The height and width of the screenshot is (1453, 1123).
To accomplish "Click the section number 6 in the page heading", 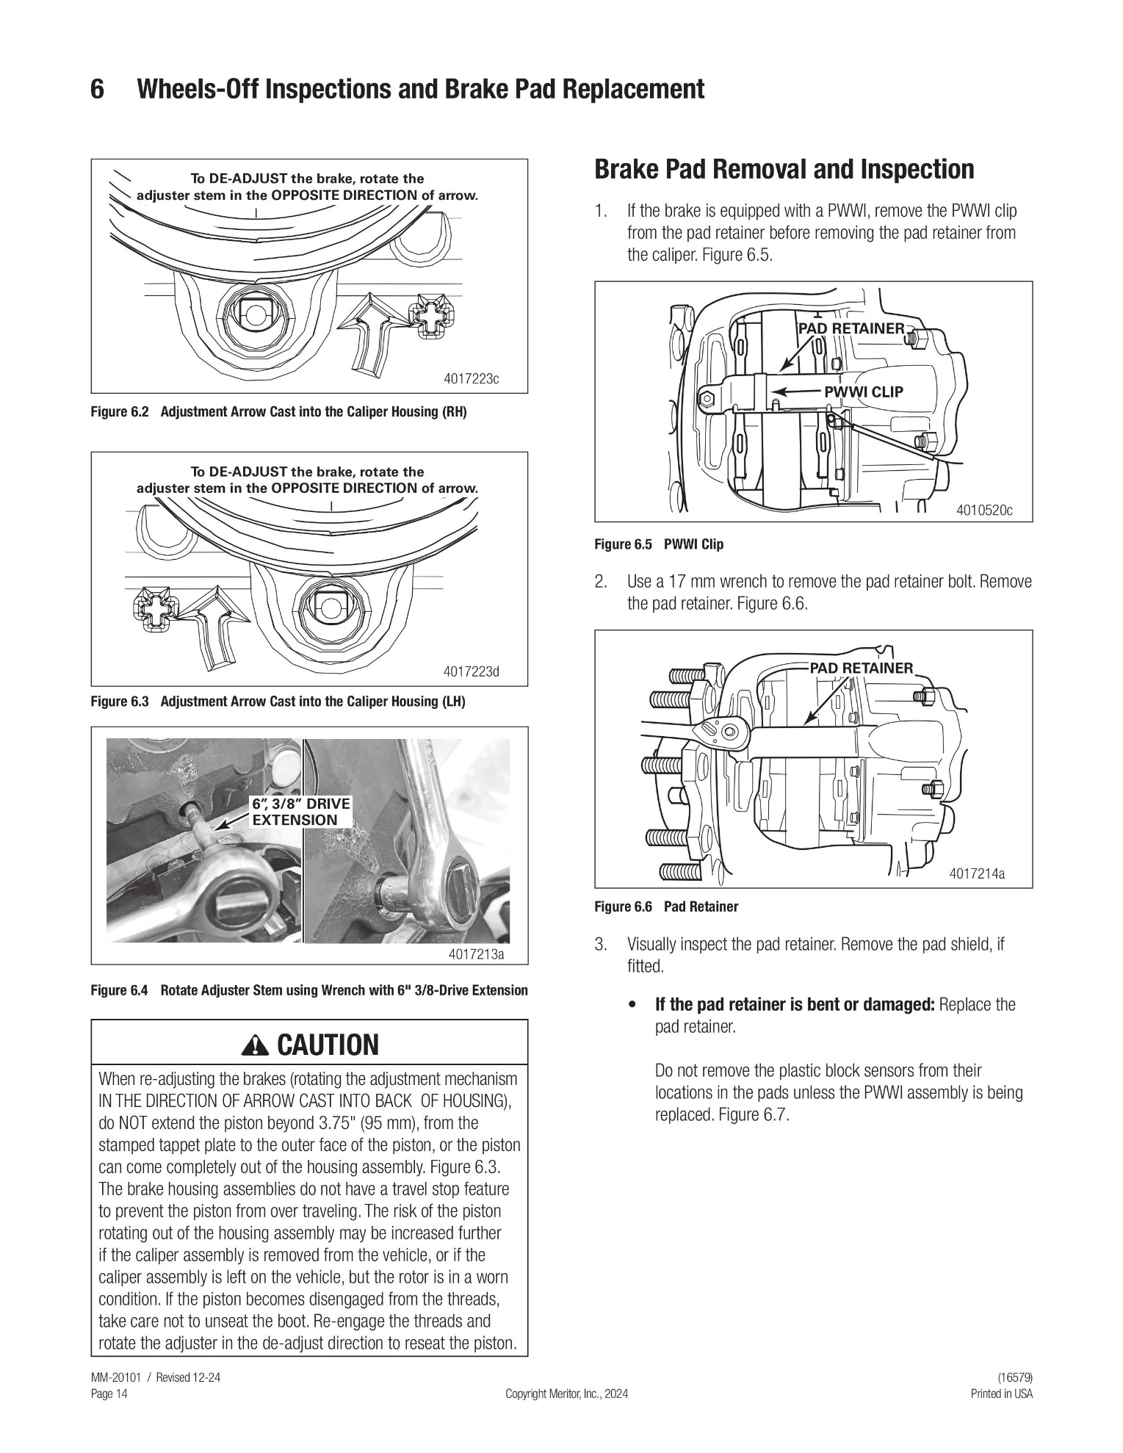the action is [x=97, y=90].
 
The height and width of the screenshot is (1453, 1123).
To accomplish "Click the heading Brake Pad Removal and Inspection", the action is [x=784, y=170].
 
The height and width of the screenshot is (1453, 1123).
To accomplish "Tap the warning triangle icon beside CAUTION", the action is [x=259, y=1044].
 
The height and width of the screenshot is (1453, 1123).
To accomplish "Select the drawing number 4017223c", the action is [x=472, y=379].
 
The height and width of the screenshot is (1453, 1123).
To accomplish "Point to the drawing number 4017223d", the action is [x=472, y=671].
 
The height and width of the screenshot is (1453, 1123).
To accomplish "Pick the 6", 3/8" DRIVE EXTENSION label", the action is [x=301, y=812].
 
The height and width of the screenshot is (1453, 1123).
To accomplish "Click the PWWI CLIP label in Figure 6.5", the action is [x=864, y=392].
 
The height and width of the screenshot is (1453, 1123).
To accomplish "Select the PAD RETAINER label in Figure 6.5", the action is [x=851, y=328].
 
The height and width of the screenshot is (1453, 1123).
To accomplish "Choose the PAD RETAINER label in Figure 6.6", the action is [x=862, y=668].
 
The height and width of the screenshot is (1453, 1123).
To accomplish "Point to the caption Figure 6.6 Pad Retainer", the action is [x=666, y=906].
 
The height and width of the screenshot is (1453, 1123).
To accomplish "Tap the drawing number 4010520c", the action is [x=984, y=510].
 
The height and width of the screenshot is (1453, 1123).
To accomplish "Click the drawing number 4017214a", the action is [x=977, y=873].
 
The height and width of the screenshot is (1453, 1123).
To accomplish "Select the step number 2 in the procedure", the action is [x=601, y=583].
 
